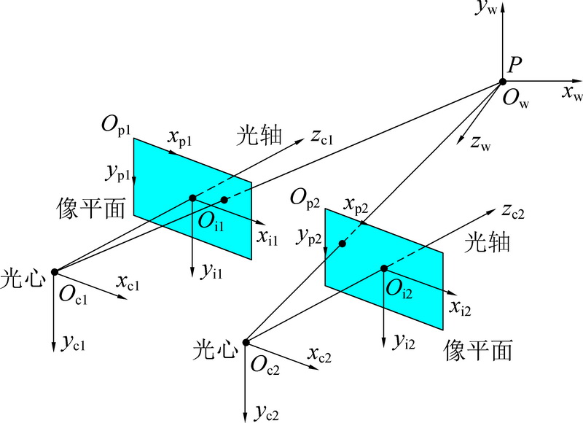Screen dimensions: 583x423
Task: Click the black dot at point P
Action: click(503, 82)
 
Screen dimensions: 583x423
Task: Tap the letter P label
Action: click(514, 65)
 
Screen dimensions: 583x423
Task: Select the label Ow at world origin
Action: click(516, 99)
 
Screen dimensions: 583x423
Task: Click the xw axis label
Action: click(572, 93)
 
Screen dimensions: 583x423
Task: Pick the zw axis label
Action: click(481, 143)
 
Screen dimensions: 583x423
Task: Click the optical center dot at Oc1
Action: click(55, 272)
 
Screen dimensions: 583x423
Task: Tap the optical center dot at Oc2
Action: click(246, 342)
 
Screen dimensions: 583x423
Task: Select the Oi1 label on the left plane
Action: click(211, 222)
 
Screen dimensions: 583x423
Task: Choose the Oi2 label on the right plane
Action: click(399, 289)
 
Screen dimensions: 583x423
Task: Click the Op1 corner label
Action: click(116, 125)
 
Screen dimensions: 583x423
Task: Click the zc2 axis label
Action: click(513, 211)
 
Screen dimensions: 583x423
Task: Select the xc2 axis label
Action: click(319, 355)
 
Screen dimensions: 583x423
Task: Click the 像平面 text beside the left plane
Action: click(90, 208)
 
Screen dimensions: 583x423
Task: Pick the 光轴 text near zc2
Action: click(487, 243)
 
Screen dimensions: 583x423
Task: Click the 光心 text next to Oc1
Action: click(23, 279)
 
